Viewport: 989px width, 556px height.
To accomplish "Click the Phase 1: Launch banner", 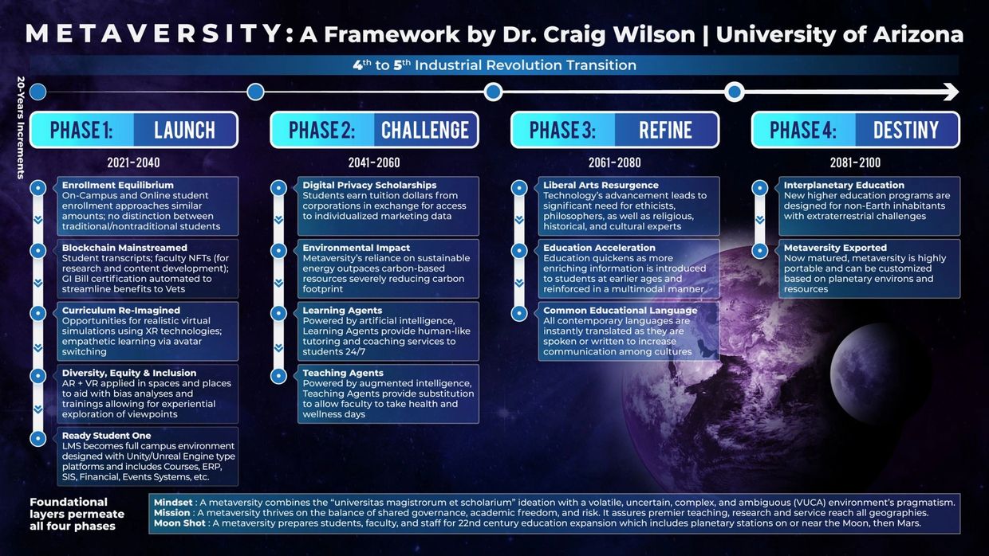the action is click(x=134, y=130).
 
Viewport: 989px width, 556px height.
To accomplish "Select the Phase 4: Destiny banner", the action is click(x=855, y=130).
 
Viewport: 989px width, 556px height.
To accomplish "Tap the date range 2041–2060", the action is click(x=374, y=162).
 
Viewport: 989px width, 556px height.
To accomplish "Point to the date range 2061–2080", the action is click(x=615, y=162).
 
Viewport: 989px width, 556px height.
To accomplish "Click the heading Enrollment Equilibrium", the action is click(x=117, y=185).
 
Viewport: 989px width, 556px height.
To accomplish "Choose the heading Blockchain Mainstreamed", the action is click(x=124, y=248).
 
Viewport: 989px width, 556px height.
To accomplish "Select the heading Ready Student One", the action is click(x=106, y=436).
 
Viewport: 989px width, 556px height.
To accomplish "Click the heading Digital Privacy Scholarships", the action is click(x=369, y=185).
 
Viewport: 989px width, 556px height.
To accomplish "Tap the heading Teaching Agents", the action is click(x=343, y=373).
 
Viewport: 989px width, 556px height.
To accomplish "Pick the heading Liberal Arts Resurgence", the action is click(x=601, y=185).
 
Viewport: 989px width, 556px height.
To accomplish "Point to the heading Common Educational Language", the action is click(x=620, y=311).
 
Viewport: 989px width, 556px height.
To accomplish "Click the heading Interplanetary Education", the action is click(x=844, y=185).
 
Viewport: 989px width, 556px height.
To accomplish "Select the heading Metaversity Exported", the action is click(x=835, y=248).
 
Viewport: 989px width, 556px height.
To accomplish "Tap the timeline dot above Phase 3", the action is click(x=493, y=92).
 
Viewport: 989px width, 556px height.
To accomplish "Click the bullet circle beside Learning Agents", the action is click(x=278, y=313).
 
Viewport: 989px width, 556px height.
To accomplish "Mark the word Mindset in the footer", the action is click(x=173, y=502).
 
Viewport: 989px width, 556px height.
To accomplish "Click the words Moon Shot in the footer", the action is click(x=179, y=523).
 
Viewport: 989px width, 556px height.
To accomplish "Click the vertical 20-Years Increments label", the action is click(x=20, y=128).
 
